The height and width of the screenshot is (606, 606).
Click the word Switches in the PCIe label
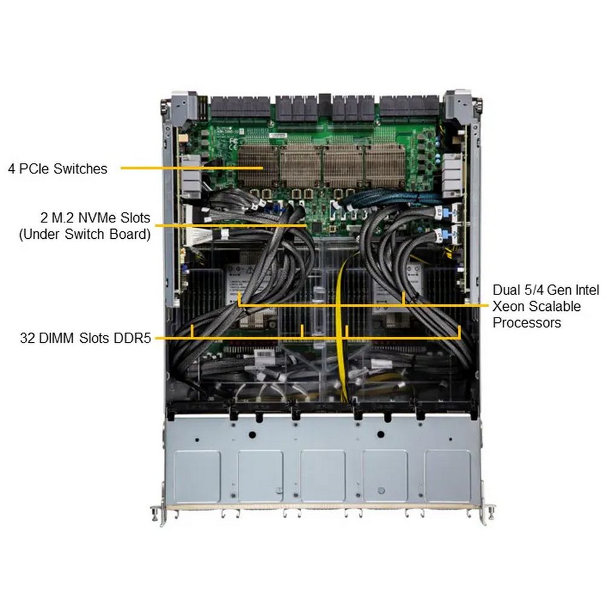click(x=81, y=168)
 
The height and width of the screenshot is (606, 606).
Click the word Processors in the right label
click(x=527, y=322)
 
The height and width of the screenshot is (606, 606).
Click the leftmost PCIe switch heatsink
click(x=258, y=165)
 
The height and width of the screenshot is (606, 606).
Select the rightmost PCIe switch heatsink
click(x=385, y=165)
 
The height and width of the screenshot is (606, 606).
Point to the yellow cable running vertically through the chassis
click(x=341, y=328)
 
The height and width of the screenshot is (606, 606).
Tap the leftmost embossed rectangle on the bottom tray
click(x=197, y=476)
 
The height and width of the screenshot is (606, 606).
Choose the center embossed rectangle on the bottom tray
click(x=323, y=476)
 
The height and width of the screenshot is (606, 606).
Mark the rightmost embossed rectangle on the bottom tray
click(x=448, y=476)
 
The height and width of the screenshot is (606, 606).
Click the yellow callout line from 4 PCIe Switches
click(x=192, y=168)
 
